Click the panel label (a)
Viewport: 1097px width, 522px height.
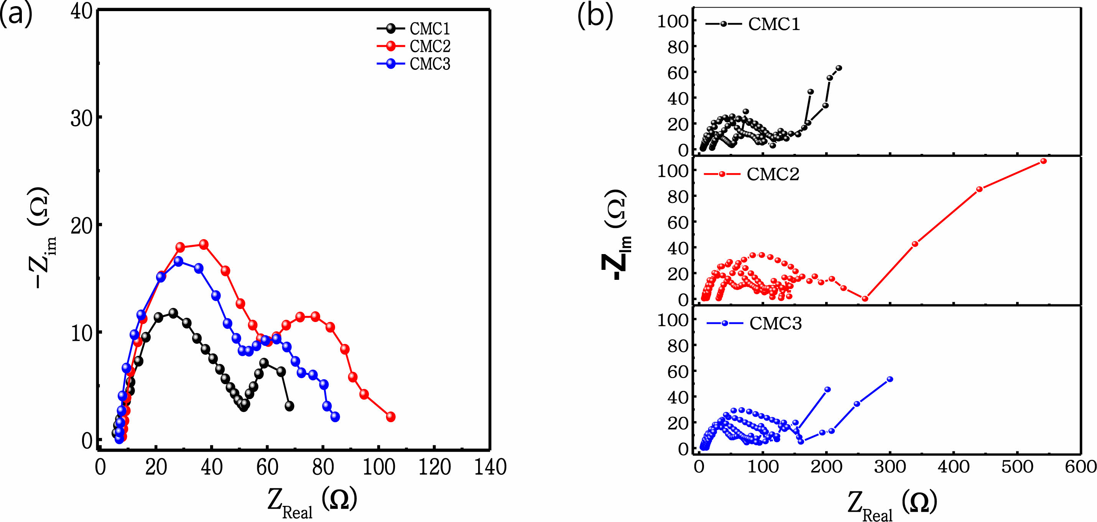16,15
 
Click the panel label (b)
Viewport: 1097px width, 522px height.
595,17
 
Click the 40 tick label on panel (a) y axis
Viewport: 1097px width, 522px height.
81,12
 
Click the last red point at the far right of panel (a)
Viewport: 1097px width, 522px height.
390,417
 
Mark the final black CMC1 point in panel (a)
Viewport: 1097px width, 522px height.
289,406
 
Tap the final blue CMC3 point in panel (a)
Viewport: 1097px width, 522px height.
335,416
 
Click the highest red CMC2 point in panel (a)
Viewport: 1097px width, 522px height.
204,244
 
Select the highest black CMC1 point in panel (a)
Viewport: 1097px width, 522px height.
173,313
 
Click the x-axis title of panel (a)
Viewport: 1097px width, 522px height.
312,503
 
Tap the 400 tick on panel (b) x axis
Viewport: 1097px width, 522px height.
954,467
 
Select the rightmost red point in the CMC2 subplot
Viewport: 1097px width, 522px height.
1043,161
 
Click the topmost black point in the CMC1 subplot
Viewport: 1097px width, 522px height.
839,68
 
